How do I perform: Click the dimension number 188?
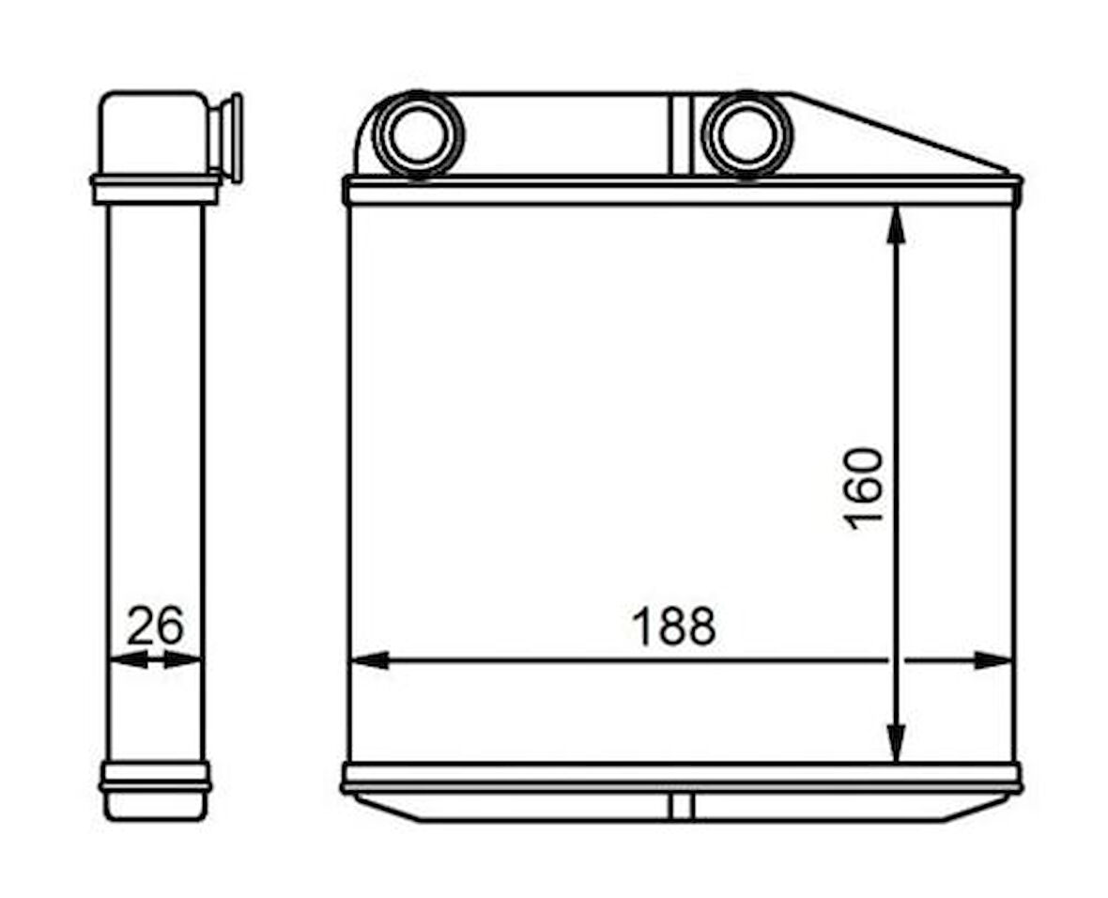tap(673, 625)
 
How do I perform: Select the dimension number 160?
tap(864, 488)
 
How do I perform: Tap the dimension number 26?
tap(155, 625)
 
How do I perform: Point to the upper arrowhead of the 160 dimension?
tap(896, 224)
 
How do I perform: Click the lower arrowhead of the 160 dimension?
tap(896, 744)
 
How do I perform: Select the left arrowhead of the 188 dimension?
tap(370, 660)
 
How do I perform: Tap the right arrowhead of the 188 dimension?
tap(993, 660)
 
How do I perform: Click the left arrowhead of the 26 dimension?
tap(130, 660)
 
